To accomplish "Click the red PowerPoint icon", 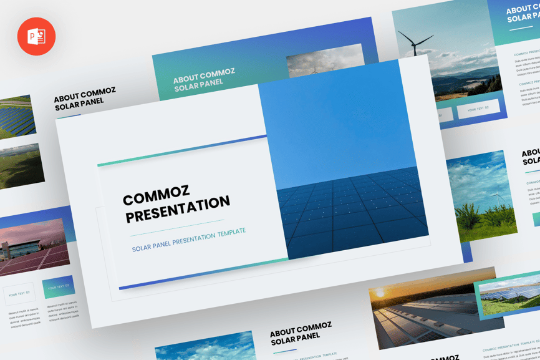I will point(36,36).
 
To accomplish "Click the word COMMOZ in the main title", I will point(156,196).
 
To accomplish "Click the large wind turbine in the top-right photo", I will point(414,46).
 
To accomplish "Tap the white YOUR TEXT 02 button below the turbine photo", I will point(478,109).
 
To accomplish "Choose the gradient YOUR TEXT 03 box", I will point(59,287).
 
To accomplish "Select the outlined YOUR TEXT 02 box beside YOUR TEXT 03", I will point(19,293).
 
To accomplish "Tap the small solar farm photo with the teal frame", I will point(507,294).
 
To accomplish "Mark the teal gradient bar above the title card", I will point(181,151).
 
